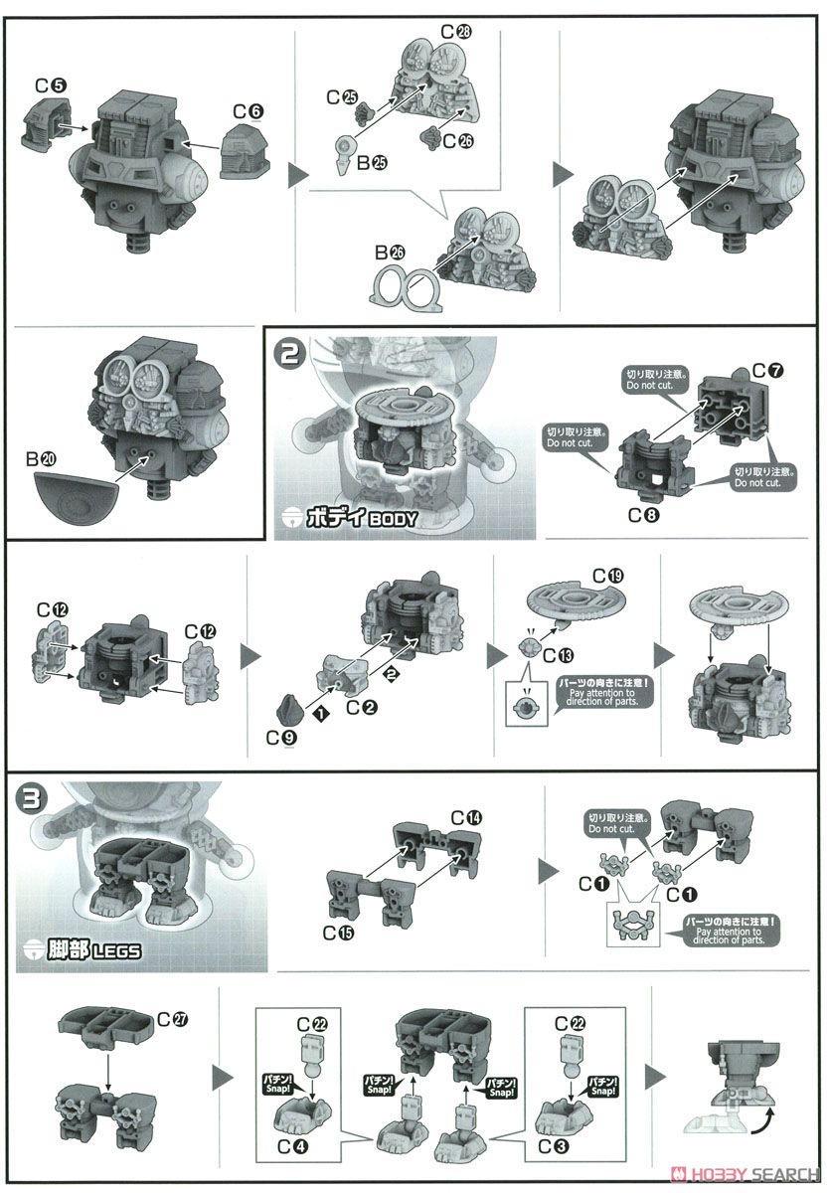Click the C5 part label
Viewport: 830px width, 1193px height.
[x=51, y=85]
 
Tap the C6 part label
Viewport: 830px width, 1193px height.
[x=249, y=110]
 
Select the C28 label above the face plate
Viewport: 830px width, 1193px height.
[x=456, y=32]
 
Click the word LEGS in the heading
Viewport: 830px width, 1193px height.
[x=116, y=950]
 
